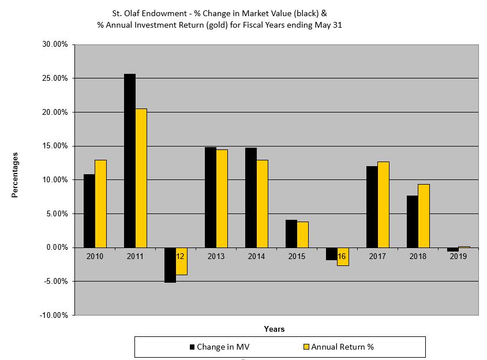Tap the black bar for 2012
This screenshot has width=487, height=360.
170,265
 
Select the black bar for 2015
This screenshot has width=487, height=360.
291,234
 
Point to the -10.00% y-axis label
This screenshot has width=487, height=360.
54,316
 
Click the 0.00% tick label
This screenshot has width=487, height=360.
57,247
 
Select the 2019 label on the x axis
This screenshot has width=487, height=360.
458,256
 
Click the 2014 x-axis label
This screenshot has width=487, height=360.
256,256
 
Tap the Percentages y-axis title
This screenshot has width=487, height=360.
15,175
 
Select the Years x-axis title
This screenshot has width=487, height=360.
274,329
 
